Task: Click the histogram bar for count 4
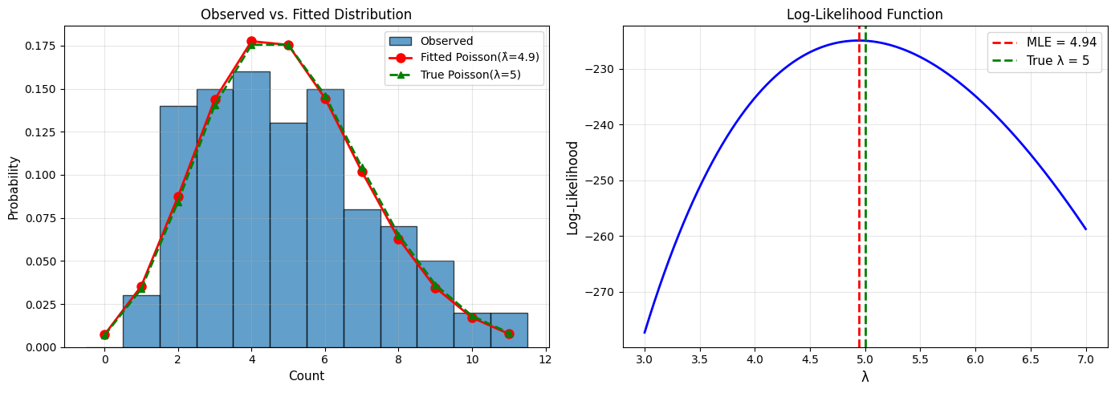(251, 209)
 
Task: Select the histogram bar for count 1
(141, 321)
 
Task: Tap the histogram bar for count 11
(509, 330)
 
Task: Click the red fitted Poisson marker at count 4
(251, 41)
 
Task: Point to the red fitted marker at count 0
(104, 334)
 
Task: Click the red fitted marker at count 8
(398, 239)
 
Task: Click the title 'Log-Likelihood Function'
(865, 14)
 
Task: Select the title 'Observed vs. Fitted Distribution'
(306, 14)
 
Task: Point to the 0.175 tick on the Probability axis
(47, 46)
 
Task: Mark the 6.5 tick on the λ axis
(1031, 359)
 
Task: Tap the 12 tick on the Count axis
(546, 359)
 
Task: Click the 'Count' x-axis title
(306, 375)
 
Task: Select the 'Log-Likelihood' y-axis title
(573, 188)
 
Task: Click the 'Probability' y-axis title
(14, 188)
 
